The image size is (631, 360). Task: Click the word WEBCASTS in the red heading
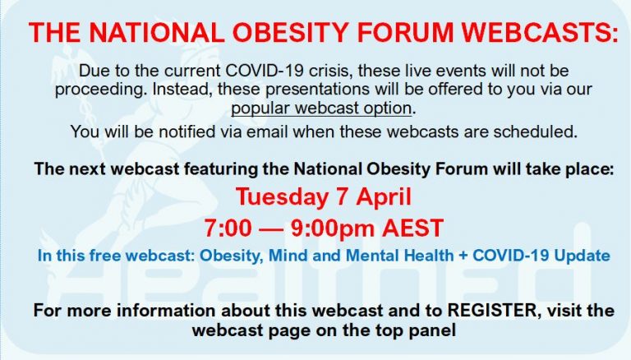[540, 32]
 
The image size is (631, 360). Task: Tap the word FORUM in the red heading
[406, 32]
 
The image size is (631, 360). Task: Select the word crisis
[331, 71]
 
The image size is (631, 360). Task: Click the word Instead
[182, 89]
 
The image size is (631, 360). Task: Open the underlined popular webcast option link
[321, 108]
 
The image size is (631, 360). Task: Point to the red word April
[384, 198]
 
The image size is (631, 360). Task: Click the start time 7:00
[228, 228]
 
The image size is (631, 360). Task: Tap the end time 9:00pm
[333, 228]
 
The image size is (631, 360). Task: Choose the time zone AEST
[413, 228]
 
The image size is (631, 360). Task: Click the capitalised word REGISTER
[493, 311]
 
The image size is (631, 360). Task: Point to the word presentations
[316, 90]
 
